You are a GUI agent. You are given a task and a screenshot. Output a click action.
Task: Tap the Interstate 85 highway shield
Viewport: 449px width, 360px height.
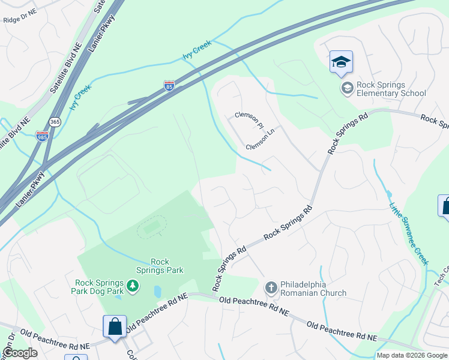point(169,86)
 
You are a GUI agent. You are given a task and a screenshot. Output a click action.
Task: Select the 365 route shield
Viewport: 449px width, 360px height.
point(55,121)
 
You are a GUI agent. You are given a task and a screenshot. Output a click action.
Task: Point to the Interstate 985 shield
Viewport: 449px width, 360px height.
point(42,136)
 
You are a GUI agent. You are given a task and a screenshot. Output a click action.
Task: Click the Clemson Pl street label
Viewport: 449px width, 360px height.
point(249,120)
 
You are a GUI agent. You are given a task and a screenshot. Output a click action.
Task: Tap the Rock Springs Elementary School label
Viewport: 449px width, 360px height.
point(391,89)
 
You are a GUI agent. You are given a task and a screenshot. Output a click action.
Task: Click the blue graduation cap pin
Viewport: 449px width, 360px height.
point(341,62)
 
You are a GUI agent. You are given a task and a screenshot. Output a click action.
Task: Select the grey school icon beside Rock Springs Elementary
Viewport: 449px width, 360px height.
point(347,89)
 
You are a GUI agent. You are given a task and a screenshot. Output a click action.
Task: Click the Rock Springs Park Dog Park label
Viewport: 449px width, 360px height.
point(100,287)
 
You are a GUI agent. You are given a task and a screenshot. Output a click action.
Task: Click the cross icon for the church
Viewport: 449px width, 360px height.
point(271,289)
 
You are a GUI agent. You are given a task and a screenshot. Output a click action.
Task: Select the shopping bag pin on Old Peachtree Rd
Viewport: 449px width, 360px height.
point(115,327)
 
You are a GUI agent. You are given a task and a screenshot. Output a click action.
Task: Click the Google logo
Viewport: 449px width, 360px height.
point(20,353)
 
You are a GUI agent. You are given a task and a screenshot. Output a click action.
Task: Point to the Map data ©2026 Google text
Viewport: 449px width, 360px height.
point(412,355)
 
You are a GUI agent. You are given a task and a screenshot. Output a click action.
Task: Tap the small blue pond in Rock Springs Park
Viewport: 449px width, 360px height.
point(157,292)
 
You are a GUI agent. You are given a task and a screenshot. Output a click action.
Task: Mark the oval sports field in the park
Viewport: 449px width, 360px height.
point(152,227)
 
